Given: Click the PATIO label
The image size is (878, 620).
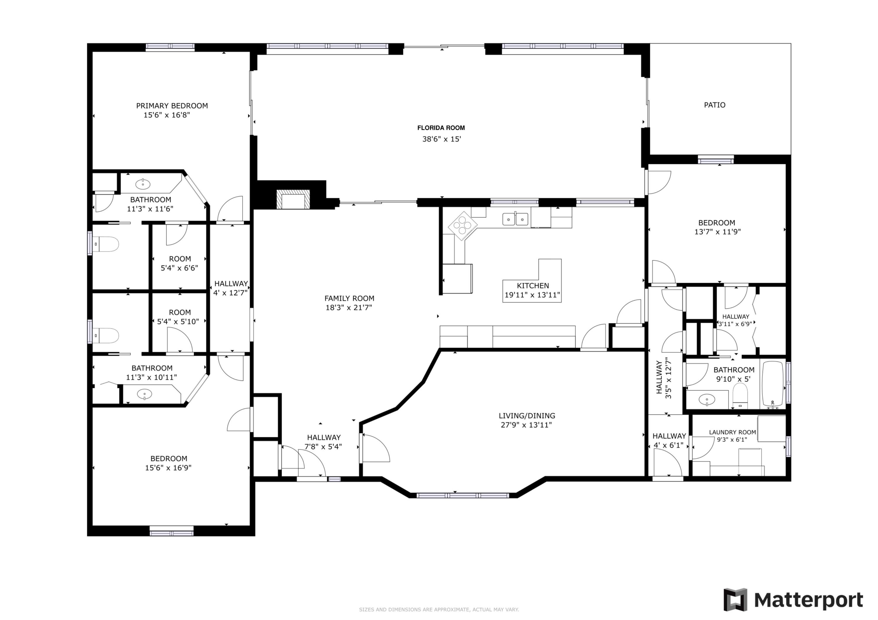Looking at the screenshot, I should (714, 105).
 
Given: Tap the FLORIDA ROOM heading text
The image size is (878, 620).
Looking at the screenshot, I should (441, 128).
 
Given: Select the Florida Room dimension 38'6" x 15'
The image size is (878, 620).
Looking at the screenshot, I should (441, 139).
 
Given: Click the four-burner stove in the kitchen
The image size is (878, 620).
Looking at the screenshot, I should (462, 225).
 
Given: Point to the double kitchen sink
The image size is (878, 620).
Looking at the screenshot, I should (515, 219).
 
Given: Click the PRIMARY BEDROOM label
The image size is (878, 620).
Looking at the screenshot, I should (172, 106).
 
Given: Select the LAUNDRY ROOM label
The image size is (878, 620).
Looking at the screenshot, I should (732, 432).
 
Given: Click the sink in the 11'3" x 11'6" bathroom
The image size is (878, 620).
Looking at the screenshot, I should (143, 184).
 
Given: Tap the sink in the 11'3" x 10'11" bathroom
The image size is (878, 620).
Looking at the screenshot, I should (145, 394).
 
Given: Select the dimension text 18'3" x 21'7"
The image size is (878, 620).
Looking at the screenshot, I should (348, 308).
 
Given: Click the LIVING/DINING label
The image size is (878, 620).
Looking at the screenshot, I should (527, 416).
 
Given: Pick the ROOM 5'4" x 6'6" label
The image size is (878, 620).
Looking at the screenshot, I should (179, 263).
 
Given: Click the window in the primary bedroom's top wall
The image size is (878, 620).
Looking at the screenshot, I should (170, 47).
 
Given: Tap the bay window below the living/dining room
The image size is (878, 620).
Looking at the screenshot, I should (462, 495).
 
